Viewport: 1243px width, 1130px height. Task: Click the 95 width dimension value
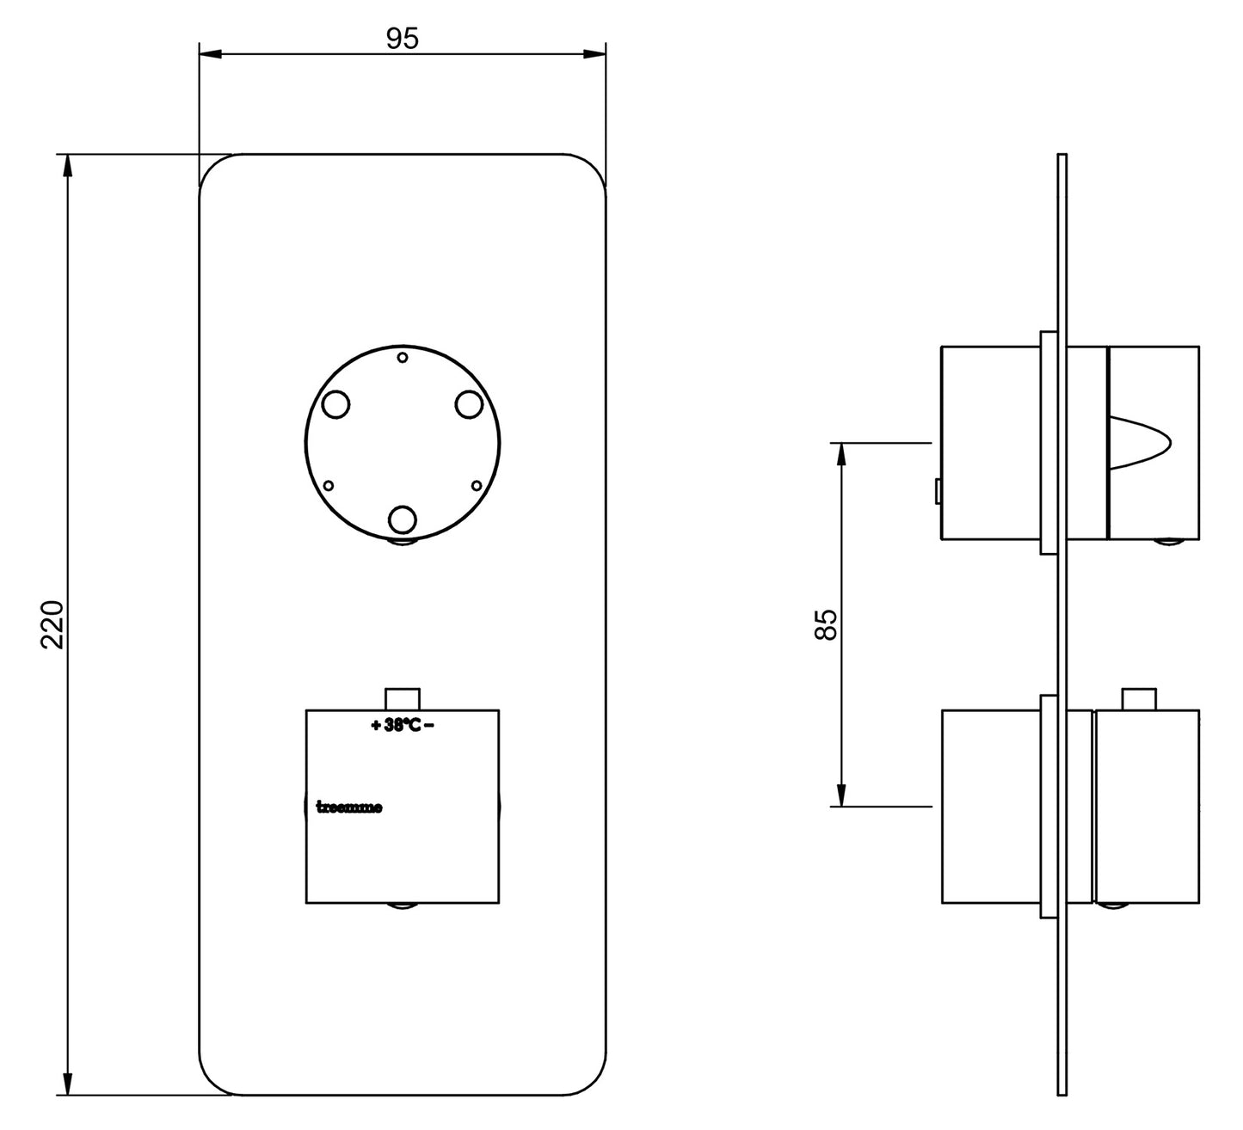402,40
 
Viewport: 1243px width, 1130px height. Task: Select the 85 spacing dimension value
825,624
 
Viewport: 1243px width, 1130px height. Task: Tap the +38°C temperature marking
402,725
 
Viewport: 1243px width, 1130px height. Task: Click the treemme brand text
350,808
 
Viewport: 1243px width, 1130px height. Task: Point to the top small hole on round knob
402,359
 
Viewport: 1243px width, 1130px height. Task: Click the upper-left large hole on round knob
335,404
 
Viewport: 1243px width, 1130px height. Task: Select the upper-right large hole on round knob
469,404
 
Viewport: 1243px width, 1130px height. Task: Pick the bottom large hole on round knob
402,519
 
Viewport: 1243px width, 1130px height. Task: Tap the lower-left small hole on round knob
328,485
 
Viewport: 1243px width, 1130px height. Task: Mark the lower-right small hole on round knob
477,485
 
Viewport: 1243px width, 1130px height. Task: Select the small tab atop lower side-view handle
1138,699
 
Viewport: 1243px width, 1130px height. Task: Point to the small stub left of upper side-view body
938,492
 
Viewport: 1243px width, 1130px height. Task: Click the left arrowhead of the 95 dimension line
210,55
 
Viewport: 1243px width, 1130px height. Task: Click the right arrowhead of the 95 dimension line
595,55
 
